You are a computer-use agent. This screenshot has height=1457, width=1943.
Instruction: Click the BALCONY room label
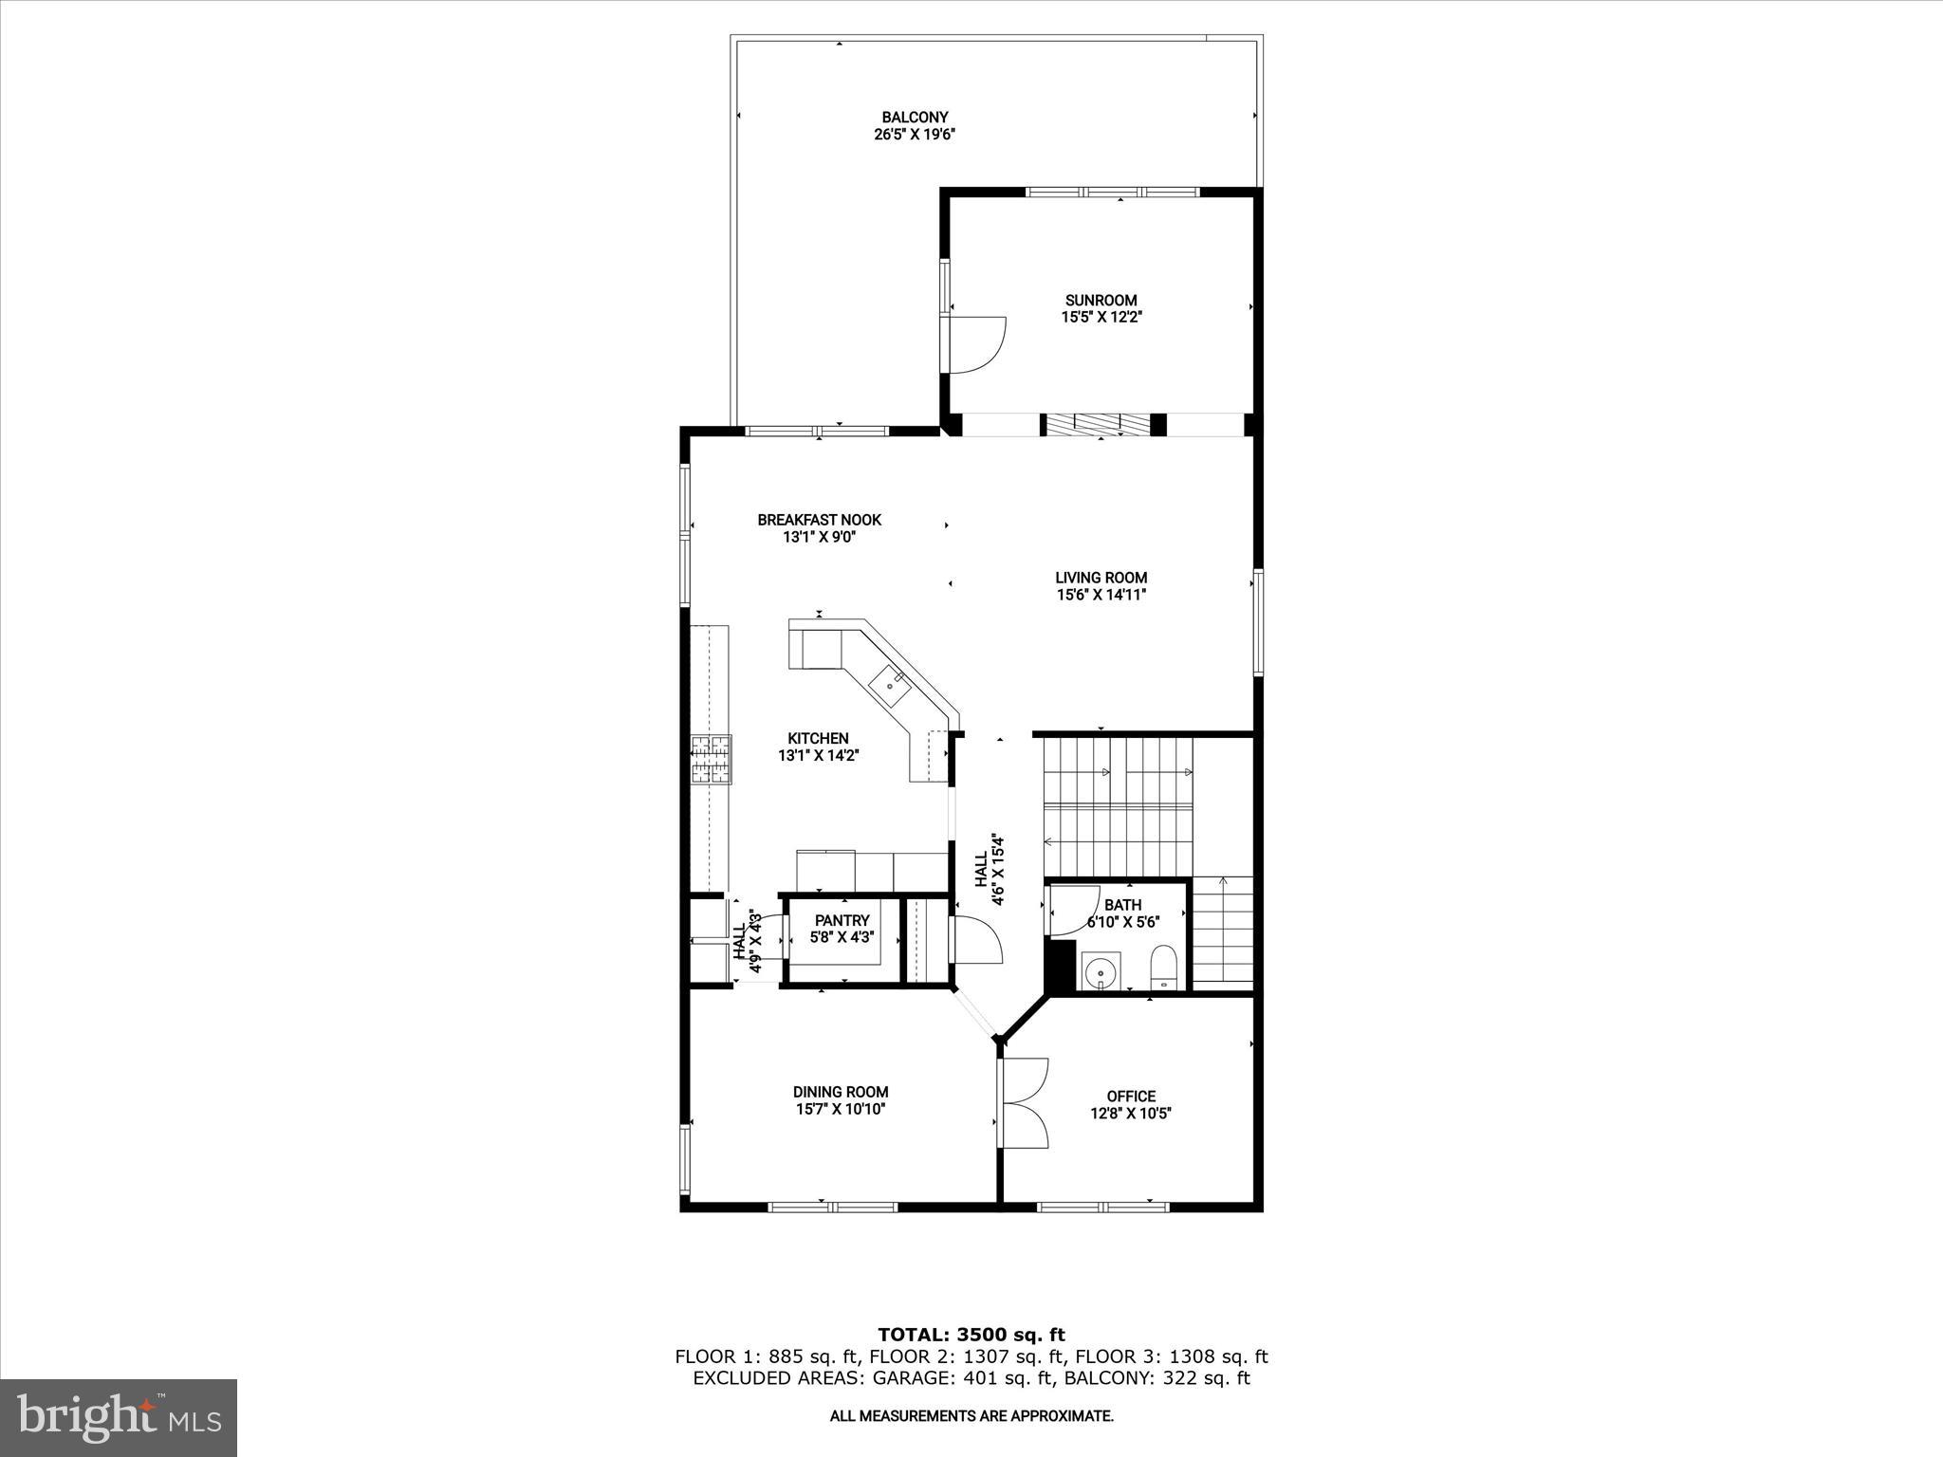tap(915, 118)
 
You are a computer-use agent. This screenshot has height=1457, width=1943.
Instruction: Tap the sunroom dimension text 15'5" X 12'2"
tap(1101, 318)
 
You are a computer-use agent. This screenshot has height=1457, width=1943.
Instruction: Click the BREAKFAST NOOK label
tap(819, 520)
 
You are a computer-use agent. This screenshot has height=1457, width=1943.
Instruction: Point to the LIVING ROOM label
tap(1101, 578)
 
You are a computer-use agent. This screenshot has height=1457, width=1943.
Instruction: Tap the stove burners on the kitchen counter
tap(712, 759)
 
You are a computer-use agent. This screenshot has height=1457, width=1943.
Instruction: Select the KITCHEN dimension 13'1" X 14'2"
tap(819, 756)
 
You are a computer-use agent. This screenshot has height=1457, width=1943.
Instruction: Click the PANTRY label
tap(842, 920)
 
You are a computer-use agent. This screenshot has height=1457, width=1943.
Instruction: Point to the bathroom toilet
tap(1162, 968)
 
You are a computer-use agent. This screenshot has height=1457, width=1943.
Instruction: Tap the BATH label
tap(1122, 905)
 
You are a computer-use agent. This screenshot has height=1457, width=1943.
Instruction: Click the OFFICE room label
tap(1131, 1096)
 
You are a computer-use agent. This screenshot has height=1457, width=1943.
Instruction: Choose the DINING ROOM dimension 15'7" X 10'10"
tap(841, 1109)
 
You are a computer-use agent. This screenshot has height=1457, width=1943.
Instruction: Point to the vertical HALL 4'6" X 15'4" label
tap(989, 870)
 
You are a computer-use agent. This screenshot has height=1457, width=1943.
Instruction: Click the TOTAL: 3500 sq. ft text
tap(971, 1336)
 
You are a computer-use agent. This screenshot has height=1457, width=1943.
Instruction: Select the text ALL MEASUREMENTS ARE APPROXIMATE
tap(971, 1416)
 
